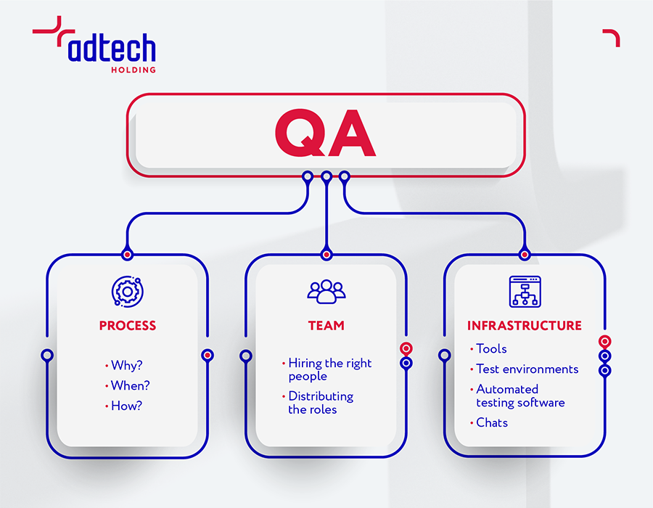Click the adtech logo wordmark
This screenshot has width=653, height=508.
[x=112, y=47]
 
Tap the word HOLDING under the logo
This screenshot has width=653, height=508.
[x=134, y=70]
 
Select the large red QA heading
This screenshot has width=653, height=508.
[x=325, y=134]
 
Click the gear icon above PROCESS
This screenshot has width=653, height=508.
[x=128, y=292]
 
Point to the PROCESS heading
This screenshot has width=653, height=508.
[x=128, y=326]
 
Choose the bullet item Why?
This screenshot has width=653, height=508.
[x=123, y=365]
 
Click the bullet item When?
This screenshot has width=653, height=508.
[x=128, y=385]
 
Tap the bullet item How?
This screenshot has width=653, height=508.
[x=123, y=406]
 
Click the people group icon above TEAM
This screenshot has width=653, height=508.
[x=326, y=292]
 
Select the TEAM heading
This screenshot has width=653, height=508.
[x=326, y=326]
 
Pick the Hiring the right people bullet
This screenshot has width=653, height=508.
[x=326, y=369]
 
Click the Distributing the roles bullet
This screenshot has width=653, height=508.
[x=317, y=403]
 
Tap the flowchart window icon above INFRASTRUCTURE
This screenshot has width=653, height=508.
[x=525, y=292]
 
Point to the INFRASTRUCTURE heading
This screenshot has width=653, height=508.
[x=525, y=326]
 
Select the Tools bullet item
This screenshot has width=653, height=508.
[x=488, y=348]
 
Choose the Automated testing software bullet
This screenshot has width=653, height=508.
[x=517, y=396]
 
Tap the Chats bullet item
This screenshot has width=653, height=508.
[x=489, y=422]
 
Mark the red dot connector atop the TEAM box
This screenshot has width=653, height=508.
[x=326, y=255]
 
